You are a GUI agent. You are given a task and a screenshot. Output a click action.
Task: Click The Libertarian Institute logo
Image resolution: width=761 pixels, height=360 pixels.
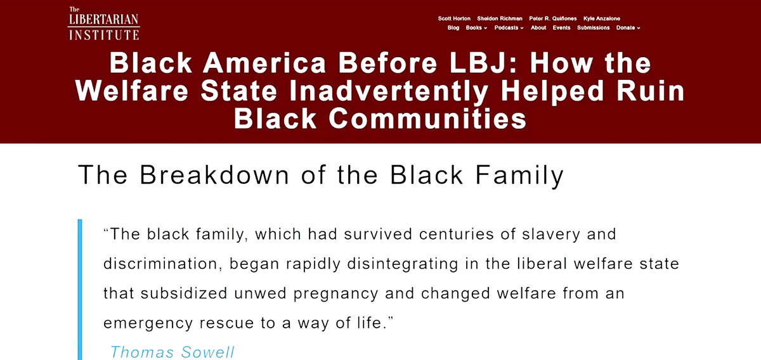(x=103, y=23)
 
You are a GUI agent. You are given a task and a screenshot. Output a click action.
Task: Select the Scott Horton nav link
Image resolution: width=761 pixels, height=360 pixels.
(x=454, y=18)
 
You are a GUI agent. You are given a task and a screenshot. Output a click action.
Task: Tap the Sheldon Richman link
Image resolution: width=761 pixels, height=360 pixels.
(x=500, y=18)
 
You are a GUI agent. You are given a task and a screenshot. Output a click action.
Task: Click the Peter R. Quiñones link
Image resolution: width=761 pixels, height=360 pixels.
(x=553, y=18)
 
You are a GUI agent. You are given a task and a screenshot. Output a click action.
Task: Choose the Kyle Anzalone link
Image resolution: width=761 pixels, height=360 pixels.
(x=602, y=18)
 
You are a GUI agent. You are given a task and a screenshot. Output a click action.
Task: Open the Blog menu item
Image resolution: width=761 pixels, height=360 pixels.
(x=453, y=28)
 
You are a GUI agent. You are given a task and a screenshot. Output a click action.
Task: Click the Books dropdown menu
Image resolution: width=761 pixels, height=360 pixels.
(x=476, y=28)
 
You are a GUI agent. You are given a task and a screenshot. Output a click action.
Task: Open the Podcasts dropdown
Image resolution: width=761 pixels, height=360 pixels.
(x=509, y=28)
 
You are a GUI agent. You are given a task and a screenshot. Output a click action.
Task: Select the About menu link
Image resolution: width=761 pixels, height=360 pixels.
(x=538, y=28)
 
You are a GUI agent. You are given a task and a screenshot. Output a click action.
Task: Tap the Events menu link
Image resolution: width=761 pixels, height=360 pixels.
(x=561, y=28)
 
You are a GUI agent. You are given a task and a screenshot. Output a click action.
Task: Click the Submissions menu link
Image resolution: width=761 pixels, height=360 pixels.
(x=593, y=28)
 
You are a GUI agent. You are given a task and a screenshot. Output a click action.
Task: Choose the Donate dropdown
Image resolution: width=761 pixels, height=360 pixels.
(x=628, y=28)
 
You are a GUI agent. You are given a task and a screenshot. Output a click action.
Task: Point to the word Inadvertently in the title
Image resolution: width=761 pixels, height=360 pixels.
(x=389, y=91)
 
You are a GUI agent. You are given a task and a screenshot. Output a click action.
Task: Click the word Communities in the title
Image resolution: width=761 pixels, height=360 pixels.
(x=427, y=119)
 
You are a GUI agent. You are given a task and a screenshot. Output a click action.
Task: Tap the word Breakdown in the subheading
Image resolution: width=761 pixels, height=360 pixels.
(x=215, y=175)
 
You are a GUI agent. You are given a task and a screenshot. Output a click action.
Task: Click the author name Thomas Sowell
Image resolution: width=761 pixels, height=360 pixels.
(x=172, y=352)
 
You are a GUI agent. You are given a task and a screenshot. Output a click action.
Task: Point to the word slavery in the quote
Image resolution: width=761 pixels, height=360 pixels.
(x=551, y=235)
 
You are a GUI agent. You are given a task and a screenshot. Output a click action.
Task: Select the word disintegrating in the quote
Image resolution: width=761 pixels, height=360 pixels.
(x=403, y=264)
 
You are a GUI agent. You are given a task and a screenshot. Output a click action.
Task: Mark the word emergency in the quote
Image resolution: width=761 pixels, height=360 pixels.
(x=148, y=323)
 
